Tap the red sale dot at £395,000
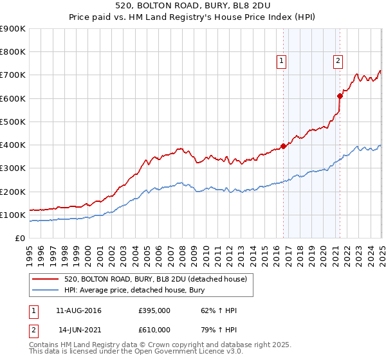coord(283,146)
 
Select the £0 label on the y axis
coord(19,238)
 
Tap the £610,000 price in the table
coord(154,330)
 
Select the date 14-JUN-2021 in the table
coord(78,330)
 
